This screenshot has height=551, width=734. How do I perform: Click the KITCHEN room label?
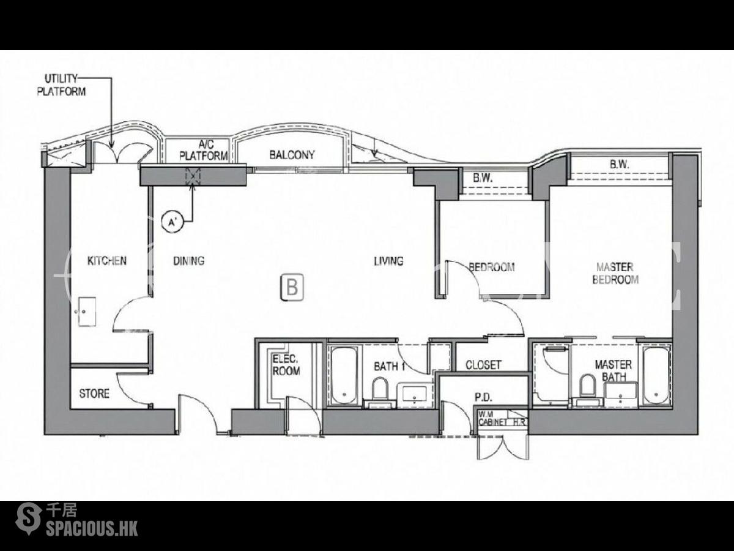(x=107, y=261)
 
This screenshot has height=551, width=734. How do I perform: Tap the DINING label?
(x=189, y=261)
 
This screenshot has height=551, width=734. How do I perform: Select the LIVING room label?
(x=388, y=261)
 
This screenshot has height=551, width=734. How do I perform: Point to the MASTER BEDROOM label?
(x=615, y=273)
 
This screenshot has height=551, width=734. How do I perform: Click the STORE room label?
(x=94, y=394)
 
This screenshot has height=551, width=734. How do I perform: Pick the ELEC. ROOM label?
(x=286, y=365)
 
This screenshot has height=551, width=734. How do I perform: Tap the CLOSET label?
(x=484, y=365)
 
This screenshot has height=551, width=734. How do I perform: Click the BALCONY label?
(x=292, y=154)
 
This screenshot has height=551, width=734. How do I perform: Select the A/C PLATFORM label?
(x=203, y=150)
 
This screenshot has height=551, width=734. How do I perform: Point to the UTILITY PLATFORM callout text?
(x=61, y=85)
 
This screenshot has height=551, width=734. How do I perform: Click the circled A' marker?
(x=172, y=222)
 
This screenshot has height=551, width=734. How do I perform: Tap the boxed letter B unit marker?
(x=292, y=287)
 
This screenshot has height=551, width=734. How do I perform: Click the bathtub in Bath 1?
(x=344, y=376)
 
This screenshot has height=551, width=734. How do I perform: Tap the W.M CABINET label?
(x=493, y=418)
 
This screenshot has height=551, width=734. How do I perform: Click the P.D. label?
(x=484, y=398)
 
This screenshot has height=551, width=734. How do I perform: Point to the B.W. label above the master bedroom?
(x=620, y=165)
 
